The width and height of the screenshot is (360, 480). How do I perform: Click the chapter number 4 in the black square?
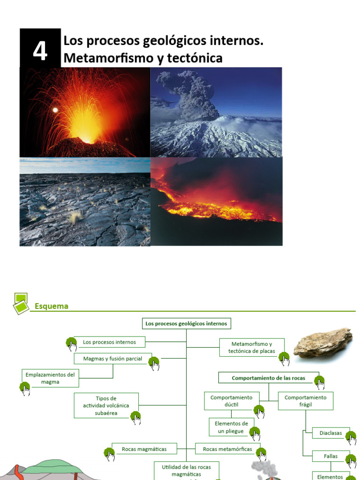(40, 51)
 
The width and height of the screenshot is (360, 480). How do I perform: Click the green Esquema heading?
(52, 306)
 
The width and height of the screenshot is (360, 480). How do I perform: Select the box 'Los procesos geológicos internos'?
(186, 323)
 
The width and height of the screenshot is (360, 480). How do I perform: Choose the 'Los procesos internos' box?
(109, 342)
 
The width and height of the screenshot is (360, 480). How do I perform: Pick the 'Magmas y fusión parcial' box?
(112, 359)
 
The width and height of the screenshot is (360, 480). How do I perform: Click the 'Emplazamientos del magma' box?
(50, 378)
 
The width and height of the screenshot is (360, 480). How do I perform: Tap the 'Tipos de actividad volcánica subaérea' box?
(106, 405)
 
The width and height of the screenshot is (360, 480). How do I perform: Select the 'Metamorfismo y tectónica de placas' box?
(252, 347)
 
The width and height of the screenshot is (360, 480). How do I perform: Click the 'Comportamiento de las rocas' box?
(268, 378)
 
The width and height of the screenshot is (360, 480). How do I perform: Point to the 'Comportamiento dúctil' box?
(231, 401)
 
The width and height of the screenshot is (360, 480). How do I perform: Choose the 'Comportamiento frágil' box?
(305, 401)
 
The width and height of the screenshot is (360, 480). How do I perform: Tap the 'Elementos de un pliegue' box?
(232, 427)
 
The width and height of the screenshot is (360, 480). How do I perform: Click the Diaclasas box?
(331, 433)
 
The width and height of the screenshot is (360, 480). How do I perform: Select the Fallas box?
(331, 456)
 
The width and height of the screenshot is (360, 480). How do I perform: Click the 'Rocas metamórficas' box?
(227, 449)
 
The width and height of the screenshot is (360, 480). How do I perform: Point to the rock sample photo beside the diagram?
(323, 342)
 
